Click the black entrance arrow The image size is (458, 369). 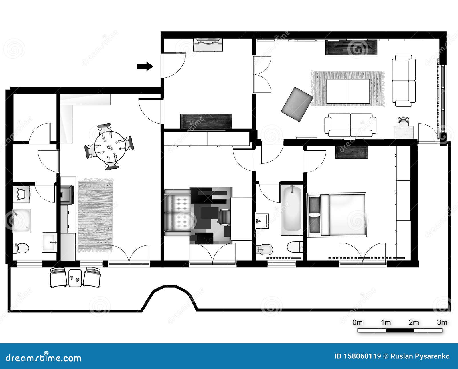click(145, 66)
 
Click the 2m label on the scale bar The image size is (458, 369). click(414, 322)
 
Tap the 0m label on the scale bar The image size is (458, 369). click(357, 322)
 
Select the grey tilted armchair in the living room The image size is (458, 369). click(297, 104)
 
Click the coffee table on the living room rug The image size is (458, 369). click(348, 91)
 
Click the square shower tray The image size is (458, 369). click(21, 220)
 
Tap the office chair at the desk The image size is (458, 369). click(224, 216)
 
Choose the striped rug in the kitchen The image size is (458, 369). click(95, 215)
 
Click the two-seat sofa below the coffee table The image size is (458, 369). click(350, 125)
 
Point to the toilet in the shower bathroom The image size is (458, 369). click(21, 248)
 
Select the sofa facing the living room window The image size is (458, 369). click(404, 81)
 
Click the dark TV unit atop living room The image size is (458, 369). click(351, 47)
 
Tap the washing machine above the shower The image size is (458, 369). click(21, 194)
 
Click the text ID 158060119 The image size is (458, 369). click(358, 356)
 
